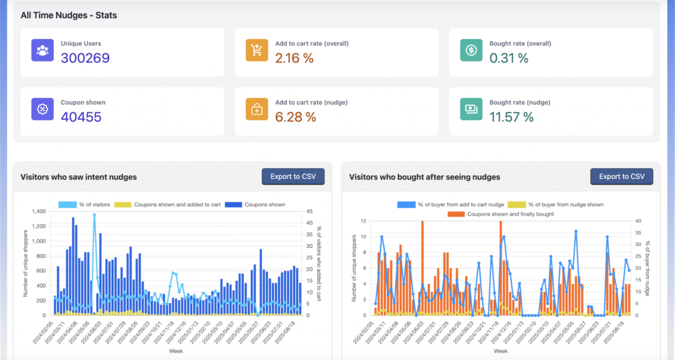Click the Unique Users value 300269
click(85, 58)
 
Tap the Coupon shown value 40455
click(81, 117)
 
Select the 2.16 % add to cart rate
click(294, 58)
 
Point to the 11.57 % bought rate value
click(511, 117)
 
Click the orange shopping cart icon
click(257, 50)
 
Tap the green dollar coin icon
click(471, 50)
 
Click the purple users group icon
click(43, 50)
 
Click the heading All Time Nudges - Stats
click(69, 15)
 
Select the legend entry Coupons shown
click(255, 205)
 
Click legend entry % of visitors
click(84, 205)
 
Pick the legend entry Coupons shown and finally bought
click(501, 214)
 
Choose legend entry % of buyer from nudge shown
click(556, 205)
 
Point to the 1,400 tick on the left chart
click(39, 211)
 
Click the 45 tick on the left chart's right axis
click(309, 211)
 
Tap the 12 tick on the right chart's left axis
click(363, 221)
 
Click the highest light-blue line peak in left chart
click(94, 215)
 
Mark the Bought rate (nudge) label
click(520, 102)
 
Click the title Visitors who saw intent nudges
click(79, 177)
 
